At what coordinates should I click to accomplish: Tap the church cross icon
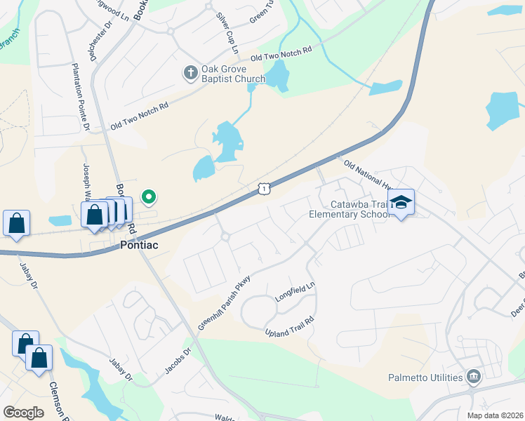[190, 73]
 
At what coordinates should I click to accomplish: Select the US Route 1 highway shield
[262, 188]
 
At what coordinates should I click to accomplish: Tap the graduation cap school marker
[401, 202]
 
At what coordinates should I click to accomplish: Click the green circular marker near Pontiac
[148, 197]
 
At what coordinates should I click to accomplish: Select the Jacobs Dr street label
[178, 361]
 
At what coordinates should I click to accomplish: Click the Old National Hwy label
[366, 175]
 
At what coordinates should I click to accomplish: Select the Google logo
[23, 413]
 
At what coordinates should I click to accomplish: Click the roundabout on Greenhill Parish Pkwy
[225, 237]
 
